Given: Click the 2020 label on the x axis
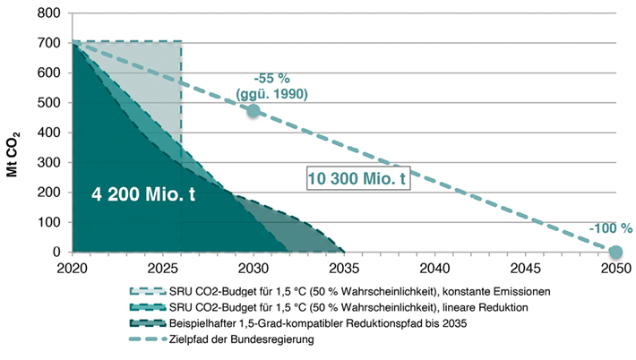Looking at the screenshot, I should [x=72, y=268].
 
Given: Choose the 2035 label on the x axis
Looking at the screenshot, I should [x=343, y=268].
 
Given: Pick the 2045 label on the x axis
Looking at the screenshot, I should [x=524, y=268].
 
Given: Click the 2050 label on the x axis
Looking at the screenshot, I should [x=615, y=268].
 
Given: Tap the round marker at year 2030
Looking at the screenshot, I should [x=254, y=111].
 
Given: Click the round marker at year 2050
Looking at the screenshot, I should [x=615, y=252].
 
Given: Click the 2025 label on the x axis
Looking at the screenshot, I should [x=162, y=268].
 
